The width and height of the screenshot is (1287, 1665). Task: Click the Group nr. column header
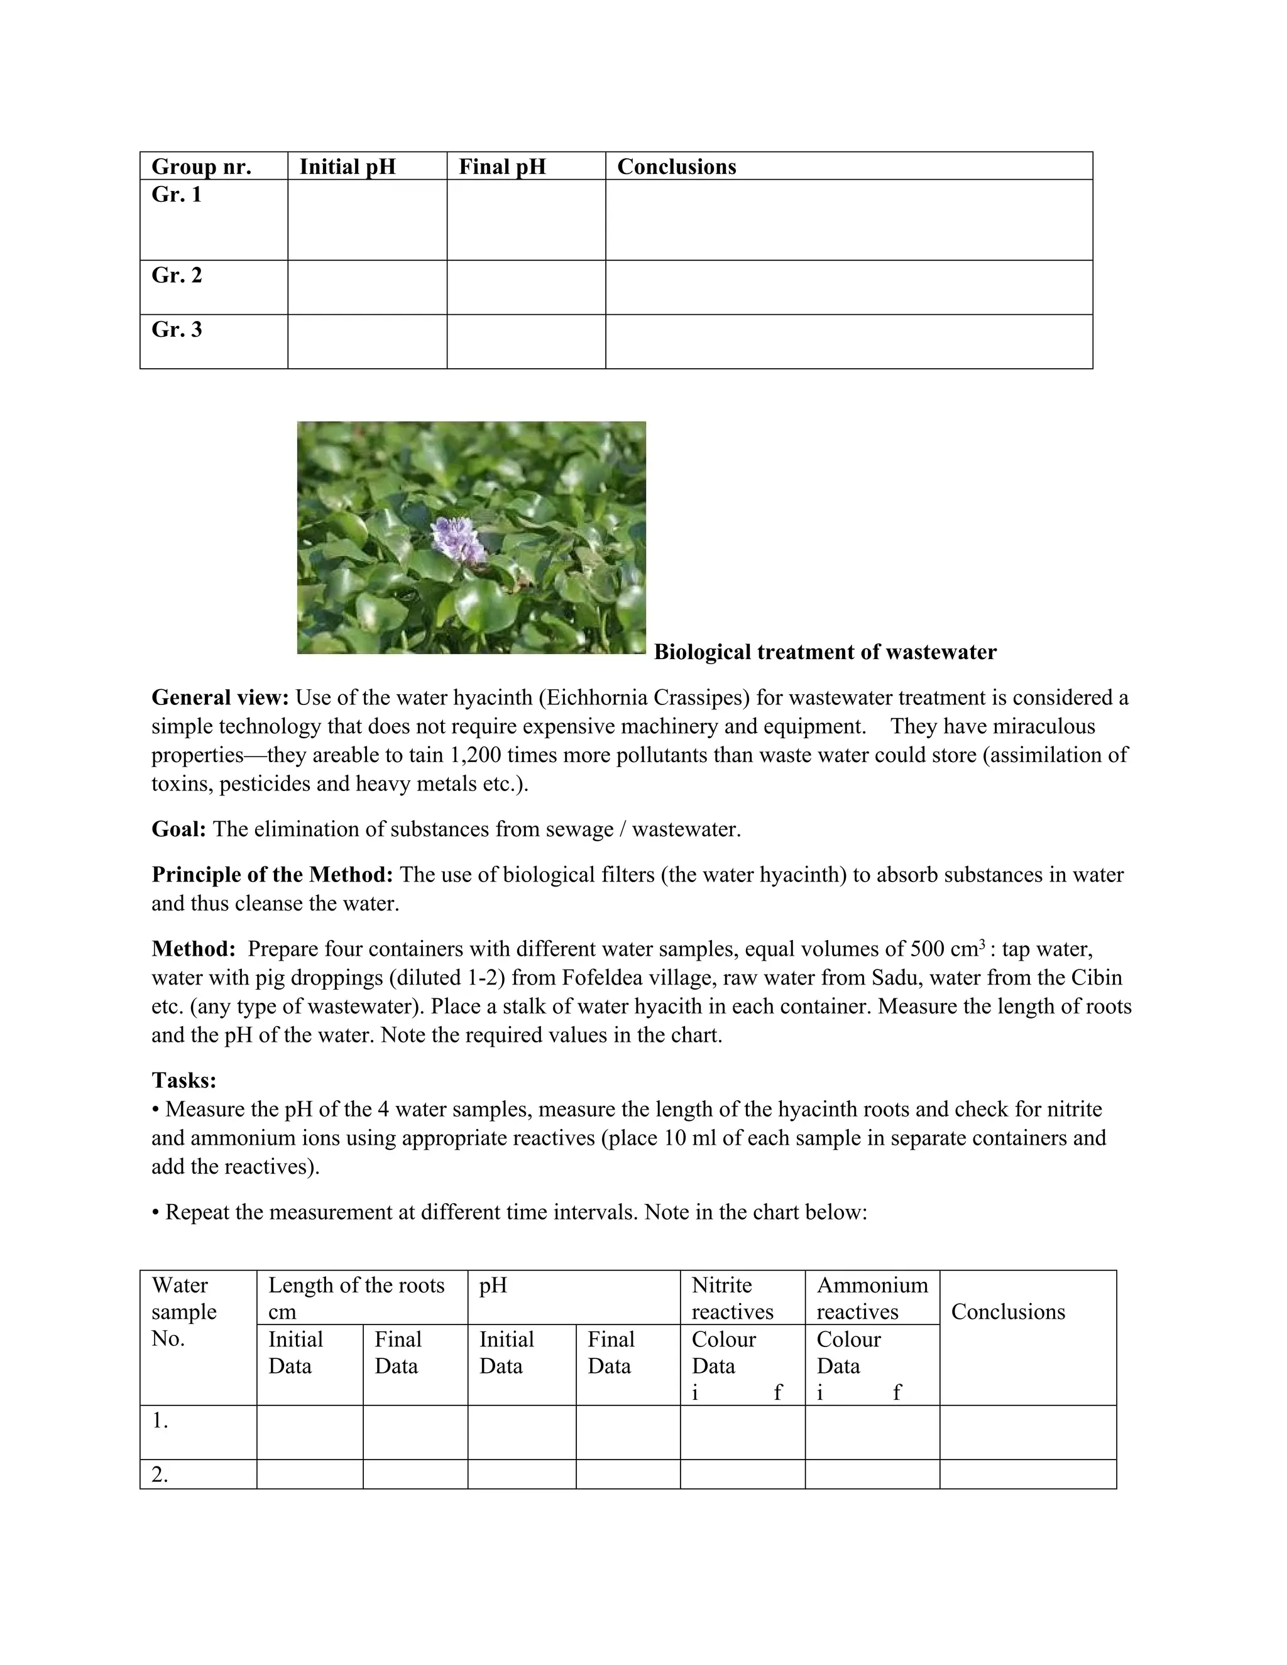click(201, 167)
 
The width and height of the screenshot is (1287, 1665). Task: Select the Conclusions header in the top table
click(676, 167)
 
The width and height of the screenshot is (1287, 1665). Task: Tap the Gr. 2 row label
click(177, 275)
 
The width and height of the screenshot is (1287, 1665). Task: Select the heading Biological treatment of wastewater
click(825, 653)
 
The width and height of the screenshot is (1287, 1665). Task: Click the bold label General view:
click(221, 697)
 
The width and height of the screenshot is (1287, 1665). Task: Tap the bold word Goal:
click(179, 829)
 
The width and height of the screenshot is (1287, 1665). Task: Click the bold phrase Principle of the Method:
click(272, 875)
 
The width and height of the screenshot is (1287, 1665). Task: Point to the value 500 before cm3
click(929, 949)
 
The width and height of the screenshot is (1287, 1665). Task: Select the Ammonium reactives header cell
click(872, 1298)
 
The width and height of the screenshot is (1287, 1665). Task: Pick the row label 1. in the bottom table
click(160, 1421)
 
